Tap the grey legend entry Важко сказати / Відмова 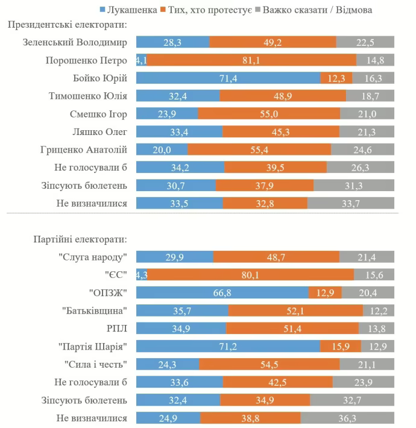point(317,10)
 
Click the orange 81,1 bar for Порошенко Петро point(252,60)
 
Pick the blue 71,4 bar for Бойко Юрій point(228,78)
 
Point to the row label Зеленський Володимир point(75,42)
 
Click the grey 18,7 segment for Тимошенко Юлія point(370,96)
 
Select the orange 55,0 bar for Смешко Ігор point(269,114)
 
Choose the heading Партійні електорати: point(76,239)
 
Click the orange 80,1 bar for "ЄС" point(251,275)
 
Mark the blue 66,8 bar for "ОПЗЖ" point(222,293)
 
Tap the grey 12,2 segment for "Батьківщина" point(379,311)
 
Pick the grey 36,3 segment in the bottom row point(347,418)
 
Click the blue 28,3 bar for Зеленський point(172,42)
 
